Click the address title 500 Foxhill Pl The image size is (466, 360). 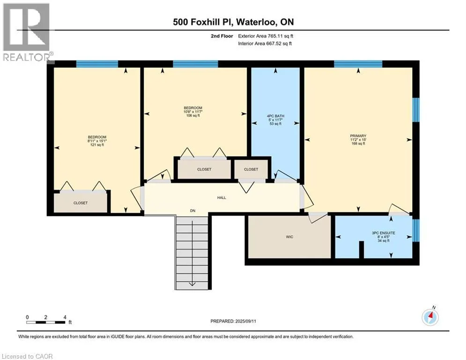[x=202, y=22]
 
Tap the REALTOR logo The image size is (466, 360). [x=27, y=32]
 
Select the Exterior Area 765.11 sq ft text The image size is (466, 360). [x=266, y=36]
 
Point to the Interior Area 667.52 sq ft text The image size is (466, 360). [x=265, y=44]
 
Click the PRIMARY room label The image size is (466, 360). [x=358, y=135]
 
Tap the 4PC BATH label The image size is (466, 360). [x=275, y=116]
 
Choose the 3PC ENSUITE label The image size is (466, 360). [x=384, y=233]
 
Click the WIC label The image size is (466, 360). [x=289, y=237]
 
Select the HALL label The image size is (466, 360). [x=222, y=197]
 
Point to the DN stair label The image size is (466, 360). [x=192, y=210]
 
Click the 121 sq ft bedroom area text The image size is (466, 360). [x=97, y=145]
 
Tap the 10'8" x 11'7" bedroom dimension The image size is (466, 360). [x=193, y=112]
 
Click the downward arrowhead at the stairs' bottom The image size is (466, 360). [x=192, y=284]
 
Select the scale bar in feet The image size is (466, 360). [x=46, y=322]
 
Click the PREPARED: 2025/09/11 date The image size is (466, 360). [x=233, y=321]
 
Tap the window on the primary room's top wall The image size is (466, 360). [x=358, y=64]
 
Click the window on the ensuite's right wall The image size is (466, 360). [x=416, y=230]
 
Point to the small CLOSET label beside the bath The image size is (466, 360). [x=251, y=169]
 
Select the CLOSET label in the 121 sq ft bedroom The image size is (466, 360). [x=81, y=203]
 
